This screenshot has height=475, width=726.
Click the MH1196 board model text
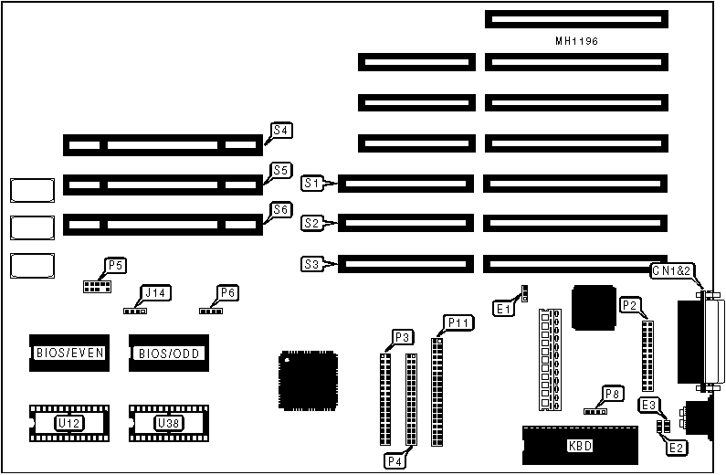pyautogui.click(x=576, y=42)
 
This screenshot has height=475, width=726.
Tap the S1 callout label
pyautogui.click(x=313, y=184)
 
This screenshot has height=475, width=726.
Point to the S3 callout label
pyautogui.click(x=312, y=265)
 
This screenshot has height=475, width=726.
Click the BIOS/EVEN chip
pyautogui.click(x=69, y=353)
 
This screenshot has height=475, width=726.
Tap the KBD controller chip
pyautogui.click(x=579, y=446)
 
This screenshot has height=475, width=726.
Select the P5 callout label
pyautogui.click(x=115, y=266)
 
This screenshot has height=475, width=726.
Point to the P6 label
pyautogui.click(x=228, y=293)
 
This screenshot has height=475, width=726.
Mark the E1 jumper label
pyautogui.click(x=503, y=310)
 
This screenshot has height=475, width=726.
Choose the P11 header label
pyautogui.click(x=458, y=322)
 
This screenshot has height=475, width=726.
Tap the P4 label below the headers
pyautogui.click(x=395, y=461)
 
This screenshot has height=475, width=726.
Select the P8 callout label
pyautogui.click(x=612, y=395)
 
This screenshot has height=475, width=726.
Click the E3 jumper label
pyautogui.click(x=649, y=405)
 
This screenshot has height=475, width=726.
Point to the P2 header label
pyautogui.click(x=629, y=305)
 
